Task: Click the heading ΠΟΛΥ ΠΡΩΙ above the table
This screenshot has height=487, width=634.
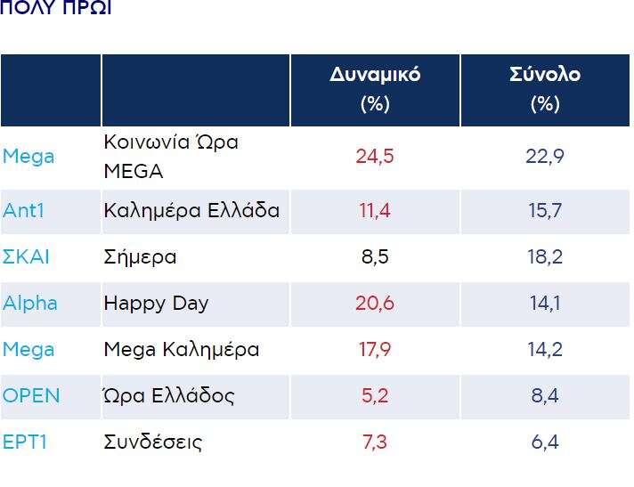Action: click(56, 8)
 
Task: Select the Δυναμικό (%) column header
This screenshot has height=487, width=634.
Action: click(374, 89)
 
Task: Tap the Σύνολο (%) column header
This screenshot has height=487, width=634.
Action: click(544, 89)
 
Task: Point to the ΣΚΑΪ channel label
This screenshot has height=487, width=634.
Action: click(26, 257)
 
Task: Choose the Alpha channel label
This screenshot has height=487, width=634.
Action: click(29, 303)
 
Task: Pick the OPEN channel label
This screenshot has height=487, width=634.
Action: click(31, 396)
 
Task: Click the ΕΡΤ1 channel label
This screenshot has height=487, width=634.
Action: click(24, 442)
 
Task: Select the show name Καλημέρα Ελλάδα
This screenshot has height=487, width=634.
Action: click(191, 211)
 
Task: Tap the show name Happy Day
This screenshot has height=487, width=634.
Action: click(156, 303)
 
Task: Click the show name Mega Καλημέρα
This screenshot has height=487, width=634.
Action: click(182, 350)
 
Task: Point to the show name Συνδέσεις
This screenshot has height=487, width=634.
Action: click(153, 442)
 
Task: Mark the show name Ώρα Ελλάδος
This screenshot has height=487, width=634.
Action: click(169, 396)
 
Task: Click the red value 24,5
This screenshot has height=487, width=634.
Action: click(374, 157)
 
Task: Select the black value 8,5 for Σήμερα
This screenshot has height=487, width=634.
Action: click(374, 257)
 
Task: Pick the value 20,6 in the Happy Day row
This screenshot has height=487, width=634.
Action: click(374, 303)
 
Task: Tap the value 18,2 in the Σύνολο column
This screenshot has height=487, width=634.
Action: click(544, 257)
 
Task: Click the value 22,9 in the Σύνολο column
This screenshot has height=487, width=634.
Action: click(544, 157)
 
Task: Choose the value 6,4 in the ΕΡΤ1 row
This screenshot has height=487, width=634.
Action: click(544, 442)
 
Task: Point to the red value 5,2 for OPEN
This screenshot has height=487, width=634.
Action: click(374, 396)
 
